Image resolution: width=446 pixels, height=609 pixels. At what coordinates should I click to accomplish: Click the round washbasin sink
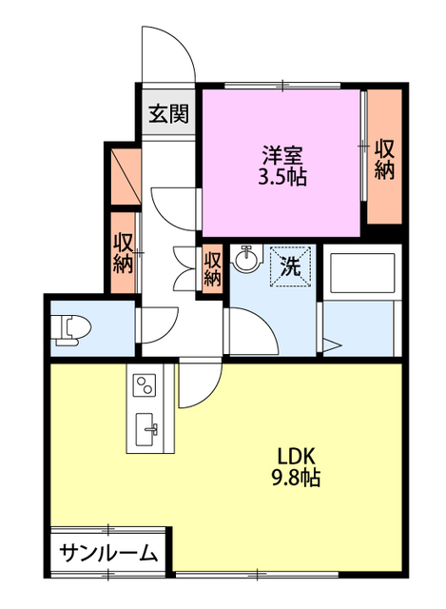point(246,259)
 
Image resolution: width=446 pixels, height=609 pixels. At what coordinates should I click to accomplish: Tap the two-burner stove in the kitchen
point(145,385)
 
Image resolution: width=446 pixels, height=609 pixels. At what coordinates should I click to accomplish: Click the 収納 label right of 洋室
point(384,159)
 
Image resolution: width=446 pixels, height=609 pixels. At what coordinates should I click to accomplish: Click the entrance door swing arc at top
point(169,52)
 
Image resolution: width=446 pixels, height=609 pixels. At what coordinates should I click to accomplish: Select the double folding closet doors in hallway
point(184,267)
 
